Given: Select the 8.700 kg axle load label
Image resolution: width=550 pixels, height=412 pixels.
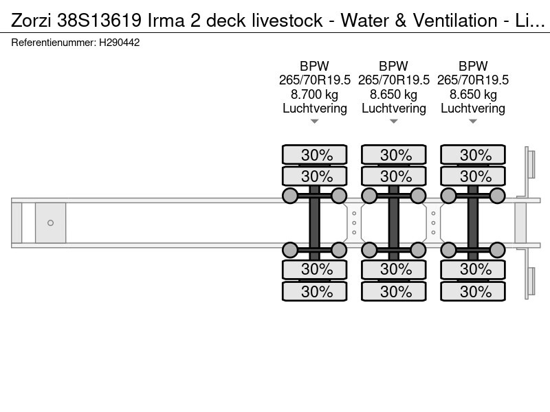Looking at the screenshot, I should [315, 94].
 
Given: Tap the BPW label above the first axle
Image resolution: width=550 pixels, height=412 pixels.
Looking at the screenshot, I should [315, 67].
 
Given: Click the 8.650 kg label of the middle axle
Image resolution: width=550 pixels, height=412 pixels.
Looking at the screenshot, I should [394, 94].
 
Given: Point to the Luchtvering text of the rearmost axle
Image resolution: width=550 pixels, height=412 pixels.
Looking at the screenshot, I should [473, 108].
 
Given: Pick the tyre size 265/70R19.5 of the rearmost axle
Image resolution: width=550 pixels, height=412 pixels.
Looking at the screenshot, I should [473, 80].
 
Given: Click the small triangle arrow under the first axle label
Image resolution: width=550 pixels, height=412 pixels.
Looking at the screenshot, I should [315, 122].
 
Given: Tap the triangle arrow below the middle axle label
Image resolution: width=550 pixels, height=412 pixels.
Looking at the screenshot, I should [394, 122].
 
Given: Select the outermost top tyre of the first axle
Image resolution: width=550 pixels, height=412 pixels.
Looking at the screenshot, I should [315, 154].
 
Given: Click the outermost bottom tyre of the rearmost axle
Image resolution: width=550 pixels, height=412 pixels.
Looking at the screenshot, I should [473, 291].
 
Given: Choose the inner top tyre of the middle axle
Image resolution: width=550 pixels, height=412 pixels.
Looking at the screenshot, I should [394, 175].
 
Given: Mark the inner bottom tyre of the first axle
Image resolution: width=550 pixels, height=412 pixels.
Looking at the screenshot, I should [315, 269].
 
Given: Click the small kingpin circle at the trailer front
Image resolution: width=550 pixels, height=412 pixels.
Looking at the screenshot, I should [50, 222].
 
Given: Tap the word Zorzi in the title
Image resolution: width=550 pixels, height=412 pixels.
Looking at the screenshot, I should [30, 21].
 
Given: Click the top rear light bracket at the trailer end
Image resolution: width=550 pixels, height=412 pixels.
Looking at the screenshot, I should [530, 165].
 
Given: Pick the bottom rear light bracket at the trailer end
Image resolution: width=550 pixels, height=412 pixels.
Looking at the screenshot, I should [530, 282].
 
